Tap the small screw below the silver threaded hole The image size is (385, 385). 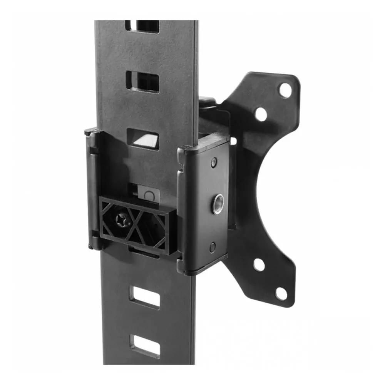point(213,247)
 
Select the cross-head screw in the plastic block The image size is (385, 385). point(120,220)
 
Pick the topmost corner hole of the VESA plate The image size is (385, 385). point(285,90)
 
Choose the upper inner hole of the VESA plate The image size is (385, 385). point(261,114)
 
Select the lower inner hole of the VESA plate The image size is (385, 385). point(259,264)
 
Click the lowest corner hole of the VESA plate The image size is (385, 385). point(281,293)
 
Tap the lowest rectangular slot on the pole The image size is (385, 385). point(145,345)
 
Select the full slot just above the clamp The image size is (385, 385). point(142,82)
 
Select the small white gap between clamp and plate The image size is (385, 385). point(233,141)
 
